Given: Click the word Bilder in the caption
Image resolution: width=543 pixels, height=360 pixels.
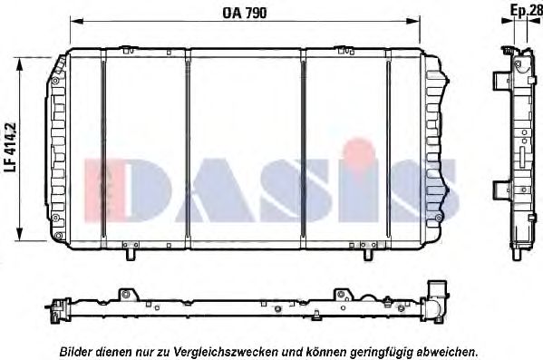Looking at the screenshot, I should coord(77,350).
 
